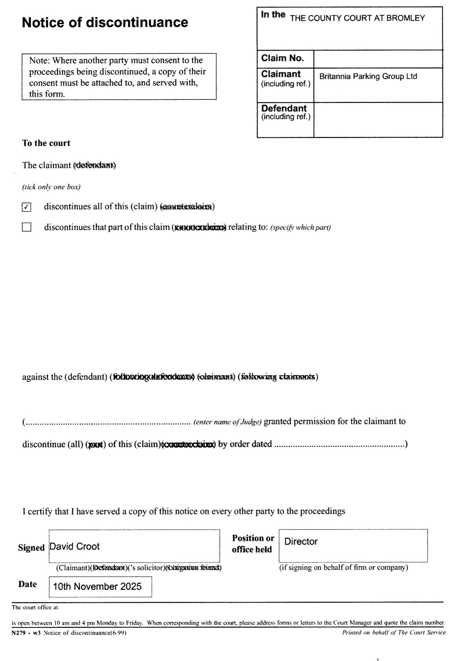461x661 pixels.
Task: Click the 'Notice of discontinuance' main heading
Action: [105, 23]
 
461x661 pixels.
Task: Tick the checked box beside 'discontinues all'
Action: [27, 207]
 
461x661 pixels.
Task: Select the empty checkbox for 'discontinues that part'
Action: [27, 227]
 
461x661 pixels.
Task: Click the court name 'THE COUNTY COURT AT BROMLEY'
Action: [357, 18]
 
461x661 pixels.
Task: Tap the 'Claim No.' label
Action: [283, 58]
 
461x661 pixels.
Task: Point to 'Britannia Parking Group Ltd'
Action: [368, 76]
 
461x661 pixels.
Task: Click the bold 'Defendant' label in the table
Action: [284, 108]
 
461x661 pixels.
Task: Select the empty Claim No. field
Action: [378, 59]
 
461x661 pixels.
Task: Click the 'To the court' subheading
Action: [46, 143]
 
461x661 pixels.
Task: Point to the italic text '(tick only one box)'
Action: [51, 187]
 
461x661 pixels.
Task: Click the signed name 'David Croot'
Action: [75, 546]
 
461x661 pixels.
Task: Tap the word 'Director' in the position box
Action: [301, 542]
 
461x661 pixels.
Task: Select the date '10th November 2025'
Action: [97, 587]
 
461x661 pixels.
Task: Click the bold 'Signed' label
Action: [31, 548]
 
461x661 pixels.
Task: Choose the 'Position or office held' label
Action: [253, 544]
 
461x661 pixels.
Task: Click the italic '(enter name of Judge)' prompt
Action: [227, 422]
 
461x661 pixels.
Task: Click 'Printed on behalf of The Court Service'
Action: [393, 632]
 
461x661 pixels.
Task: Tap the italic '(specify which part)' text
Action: [300, 228]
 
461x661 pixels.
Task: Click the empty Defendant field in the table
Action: [378, 120]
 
